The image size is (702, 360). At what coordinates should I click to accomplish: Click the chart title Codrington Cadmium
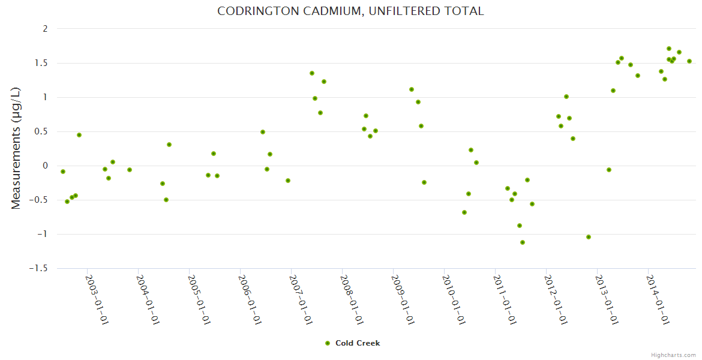tap(350, 11)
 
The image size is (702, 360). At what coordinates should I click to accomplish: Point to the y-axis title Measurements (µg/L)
tap(16, 148)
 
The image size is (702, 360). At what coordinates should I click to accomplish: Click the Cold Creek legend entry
tap(357, 343)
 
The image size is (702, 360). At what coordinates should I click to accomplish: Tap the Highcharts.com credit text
tap(673, 355)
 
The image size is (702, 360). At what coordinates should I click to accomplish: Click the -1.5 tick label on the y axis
tap(38, 268)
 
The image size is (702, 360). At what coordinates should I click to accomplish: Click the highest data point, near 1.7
tap(669, 49)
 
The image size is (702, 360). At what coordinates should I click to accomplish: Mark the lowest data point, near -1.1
tap(523, 242)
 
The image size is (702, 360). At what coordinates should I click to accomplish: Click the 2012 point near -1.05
tap(589, 237)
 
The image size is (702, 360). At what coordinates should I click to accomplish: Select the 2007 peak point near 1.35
tap(312, 73)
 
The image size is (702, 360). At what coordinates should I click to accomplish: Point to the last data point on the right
tap(689, 61)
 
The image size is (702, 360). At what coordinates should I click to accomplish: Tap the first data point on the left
tap(63, 172)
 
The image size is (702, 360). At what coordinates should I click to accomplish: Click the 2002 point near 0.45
tap(79, 135)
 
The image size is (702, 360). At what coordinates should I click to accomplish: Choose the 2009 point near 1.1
tap(412, 89)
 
